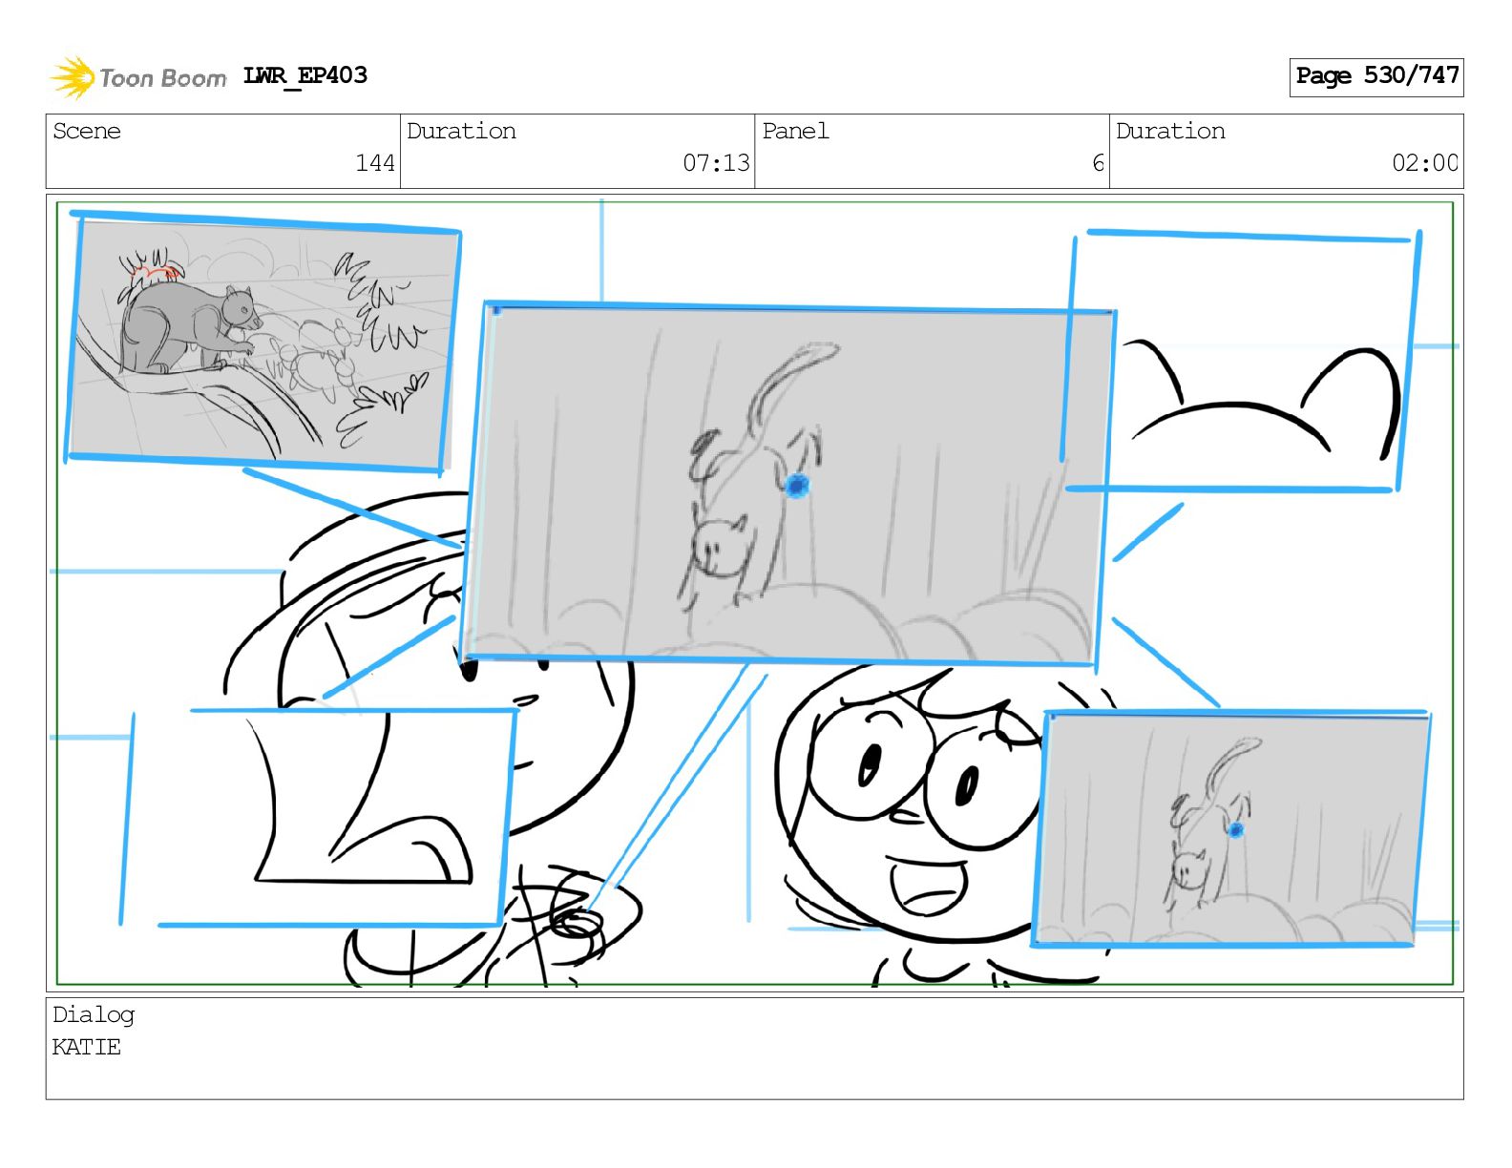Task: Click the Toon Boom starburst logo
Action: pyautogui.click(x=73, y=78)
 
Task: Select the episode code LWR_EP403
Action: pyautogui.click(x=304, y=75)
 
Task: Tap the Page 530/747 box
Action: pyautogui.click(x=1376, y=77)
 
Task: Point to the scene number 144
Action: pyautogui.click(x=375, y=163)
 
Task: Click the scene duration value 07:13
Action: pyautogui.click(x=716, y=163)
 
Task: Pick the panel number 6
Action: pyautogui.click(x=1098, y=163)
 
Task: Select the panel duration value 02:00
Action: pyautogui.click(x=1424, y=163)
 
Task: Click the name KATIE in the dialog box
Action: pyautogui.click(x=87, y=1046)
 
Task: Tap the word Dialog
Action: pyautogui.click(x=94, y=1015)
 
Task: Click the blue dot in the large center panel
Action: pyautogui.click(x=797, y=485)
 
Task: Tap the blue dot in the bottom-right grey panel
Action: pyautogui.click(x=1236, y=829)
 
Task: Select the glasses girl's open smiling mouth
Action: pyautogui.click(x=929, y=886)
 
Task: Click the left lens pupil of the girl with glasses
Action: pyautogui.click(x=870, y=763)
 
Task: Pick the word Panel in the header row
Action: pyautogui.click(x=795, y=131)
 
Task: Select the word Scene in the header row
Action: pyautogui.click(x=87, y=131)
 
